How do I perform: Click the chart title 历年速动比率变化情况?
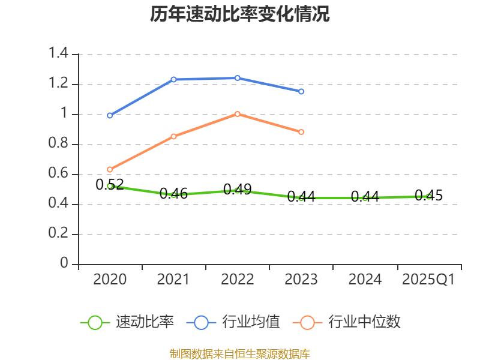coord(240,14)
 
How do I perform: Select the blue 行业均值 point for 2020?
coord(110,115)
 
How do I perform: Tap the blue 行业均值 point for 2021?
coord(173,79)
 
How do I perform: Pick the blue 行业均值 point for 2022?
coord(238,78)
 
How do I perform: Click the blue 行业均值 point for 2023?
coord(301,91)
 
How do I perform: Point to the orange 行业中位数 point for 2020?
coord(110,169)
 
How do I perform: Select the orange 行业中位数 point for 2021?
coord(173,136)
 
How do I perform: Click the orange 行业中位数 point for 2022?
coord(238,114)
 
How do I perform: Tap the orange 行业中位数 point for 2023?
coord(301,132)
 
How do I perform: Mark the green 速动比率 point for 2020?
coord(110,186)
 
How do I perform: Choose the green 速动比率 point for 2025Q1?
coord(428,196)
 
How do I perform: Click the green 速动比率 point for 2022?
coord(238,190)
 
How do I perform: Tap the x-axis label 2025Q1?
coord(428,280)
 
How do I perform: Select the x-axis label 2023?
coord(301,280)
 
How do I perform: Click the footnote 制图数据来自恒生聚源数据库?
coord(240,353)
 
